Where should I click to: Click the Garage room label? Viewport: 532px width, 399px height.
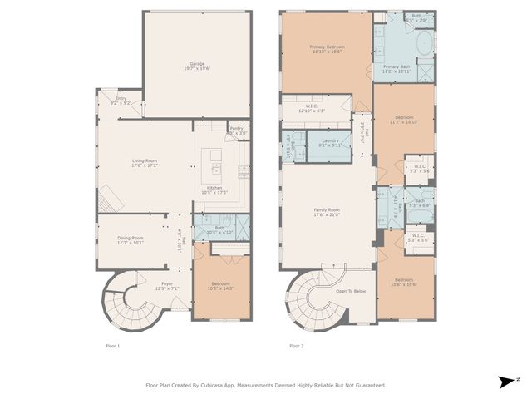pyautogui.click(x=197, y=64)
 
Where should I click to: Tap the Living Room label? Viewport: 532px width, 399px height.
pyautogui.click(x=145, y=160)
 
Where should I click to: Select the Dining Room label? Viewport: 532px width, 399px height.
pyautogui.click(x=130, y=238)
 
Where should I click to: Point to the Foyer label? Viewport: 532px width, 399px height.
pyautogui.click(x=167, y=283)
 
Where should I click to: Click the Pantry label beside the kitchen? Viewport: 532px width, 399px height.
pyautogui.click(x=237, y=128)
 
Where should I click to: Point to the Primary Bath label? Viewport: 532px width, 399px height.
pyautogui.click(x=397, y=66)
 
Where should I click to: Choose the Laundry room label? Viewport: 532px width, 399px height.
pyautogui.click(x=330, y=141)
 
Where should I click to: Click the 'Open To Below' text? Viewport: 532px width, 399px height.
pyautogui.click(x=351, y=291)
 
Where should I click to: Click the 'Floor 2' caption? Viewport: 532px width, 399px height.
pyautogui.click(x=297, y=345)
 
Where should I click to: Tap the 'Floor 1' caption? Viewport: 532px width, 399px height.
pyautogui.click(x=113, y=345)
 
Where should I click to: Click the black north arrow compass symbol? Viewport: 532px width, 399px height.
pyautogui.click(x=505, y=382)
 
